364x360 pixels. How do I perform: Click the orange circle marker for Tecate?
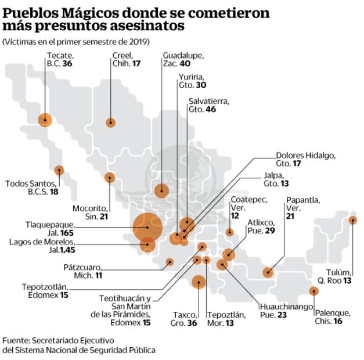[45, 120]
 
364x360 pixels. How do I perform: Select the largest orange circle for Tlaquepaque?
[147, 227]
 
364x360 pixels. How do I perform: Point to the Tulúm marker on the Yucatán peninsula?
[353, 220]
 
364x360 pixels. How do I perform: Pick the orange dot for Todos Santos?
[59, 170]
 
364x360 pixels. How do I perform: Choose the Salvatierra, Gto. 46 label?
[209, 105]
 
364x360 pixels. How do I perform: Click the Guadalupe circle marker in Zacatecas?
[161, 190]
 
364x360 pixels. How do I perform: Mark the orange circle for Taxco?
[199, 282]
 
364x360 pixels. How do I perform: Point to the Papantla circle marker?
[268, 272]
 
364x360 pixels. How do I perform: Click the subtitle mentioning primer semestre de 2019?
[75, 42]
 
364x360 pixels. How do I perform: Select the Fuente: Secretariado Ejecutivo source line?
[58, 340]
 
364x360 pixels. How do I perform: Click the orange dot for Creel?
[110, 123]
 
